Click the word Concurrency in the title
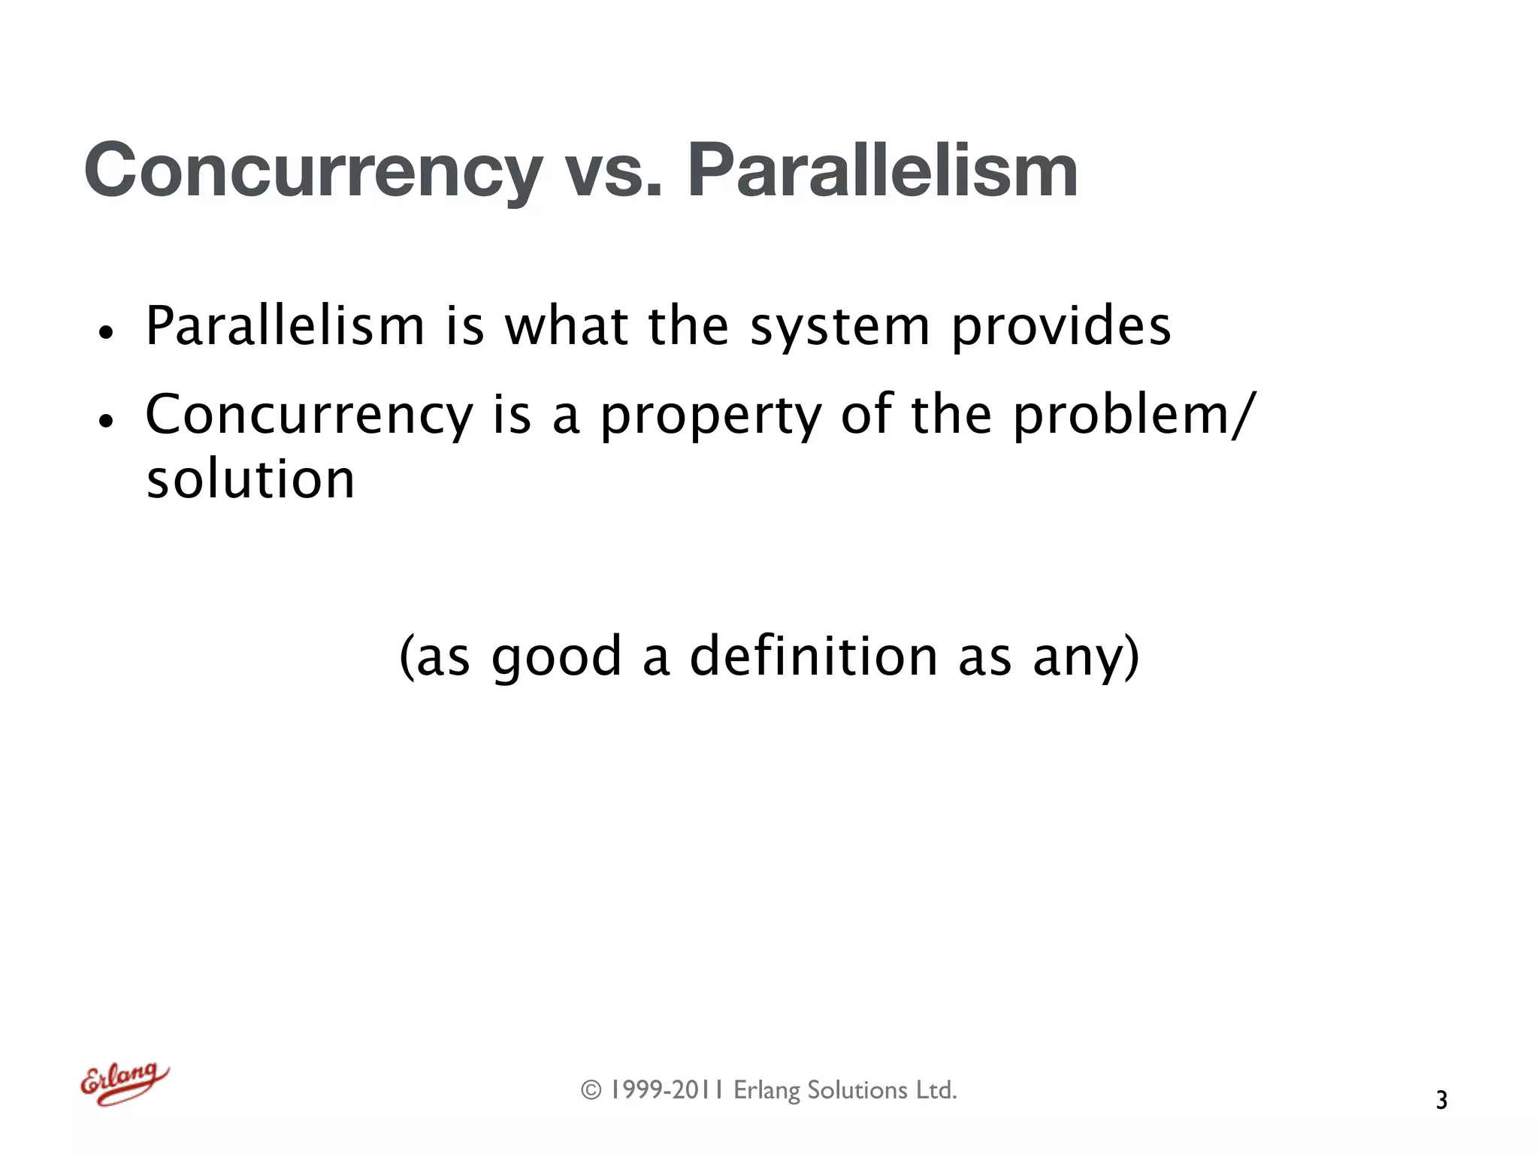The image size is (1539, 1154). coord(313,171)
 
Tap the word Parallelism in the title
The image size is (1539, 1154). coord(883,171)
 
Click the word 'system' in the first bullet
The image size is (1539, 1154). coord(840,328)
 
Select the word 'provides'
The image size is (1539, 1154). coord(1060,328)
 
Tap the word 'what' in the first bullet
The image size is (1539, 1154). coord(566,328)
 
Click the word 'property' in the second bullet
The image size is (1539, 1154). coord(710,415)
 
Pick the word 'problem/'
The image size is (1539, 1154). coord(1134,415)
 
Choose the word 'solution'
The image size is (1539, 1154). coord(250,479)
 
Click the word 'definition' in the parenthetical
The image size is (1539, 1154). coord(814,656)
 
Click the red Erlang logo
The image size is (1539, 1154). coord(125,1083)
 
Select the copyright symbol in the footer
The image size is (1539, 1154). coord(591,1090)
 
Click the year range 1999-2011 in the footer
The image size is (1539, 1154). coord(666,1090)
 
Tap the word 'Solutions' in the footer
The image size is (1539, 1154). coord(857,1090)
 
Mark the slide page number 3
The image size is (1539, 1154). coord(1441,1101)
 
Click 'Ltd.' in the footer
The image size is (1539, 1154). coord(936,1090)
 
